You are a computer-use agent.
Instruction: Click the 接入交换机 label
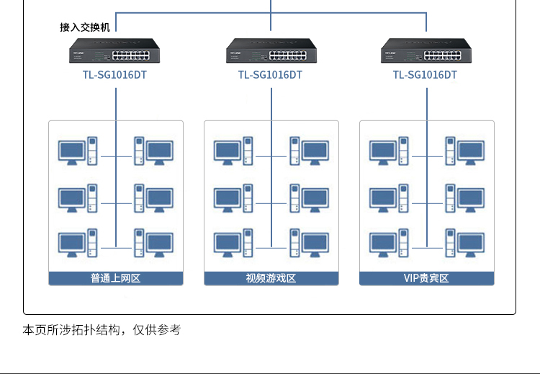pos(85,27)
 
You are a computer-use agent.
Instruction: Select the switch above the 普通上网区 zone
pos(114,50)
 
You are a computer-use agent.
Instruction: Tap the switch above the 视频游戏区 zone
pos(271,50)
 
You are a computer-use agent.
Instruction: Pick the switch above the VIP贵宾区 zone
pos(426,50)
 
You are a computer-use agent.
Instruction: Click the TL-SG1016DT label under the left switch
pos(114,75)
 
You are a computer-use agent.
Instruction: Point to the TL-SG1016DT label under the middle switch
pos(270,75)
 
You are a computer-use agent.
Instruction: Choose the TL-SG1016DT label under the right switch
pos(425,75)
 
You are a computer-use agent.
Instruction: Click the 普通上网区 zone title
pos(115,278)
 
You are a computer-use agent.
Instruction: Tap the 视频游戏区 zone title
pos(271,278)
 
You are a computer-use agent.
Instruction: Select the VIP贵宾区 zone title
pos(426,278)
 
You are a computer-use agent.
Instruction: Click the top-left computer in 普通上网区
pos(78,151)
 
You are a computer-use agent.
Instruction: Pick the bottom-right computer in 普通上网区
pos(153,243)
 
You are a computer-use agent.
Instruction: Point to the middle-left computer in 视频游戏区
pos(233,198)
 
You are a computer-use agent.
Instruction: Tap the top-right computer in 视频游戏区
pos(310,151)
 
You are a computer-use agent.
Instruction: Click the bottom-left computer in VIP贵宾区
pos(389,243)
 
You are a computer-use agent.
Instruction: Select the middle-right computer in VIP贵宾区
pos(465,198)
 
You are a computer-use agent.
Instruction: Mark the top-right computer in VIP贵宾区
pos(465,151)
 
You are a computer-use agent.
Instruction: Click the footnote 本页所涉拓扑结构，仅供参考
pos(102,330)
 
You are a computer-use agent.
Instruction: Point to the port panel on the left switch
pos(131,55)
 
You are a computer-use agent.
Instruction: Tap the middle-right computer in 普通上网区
pos(153,198)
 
